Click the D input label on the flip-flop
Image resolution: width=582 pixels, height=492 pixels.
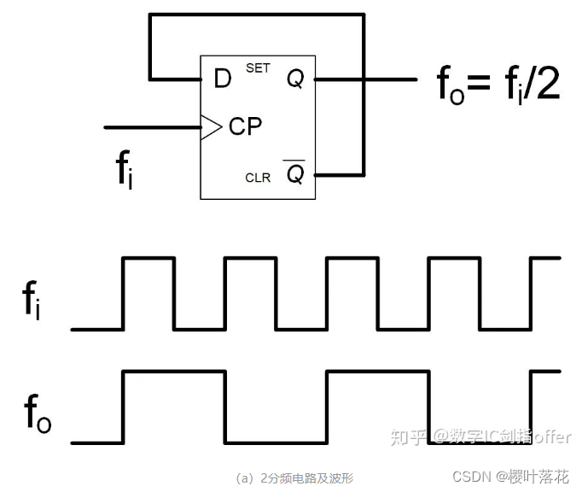(222, 79)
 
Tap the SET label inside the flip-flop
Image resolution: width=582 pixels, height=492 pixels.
(258, 68)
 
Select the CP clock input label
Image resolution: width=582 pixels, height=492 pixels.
(245, 127)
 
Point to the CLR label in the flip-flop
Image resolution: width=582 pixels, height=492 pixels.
(258, 178)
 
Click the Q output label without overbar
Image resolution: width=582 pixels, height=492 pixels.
(295, 79)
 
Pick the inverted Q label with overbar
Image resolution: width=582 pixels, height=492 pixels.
(295, 174)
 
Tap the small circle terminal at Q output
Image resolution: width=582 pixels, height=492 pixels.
(316, 79)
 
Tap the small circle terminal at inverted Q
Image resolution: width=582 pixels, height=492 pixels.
(316, 175)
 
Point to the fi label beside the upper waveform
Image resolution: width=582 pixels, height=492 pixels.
(33, 302)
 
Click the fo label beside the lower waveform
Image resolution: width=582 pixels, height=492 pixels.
(37, 414)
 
